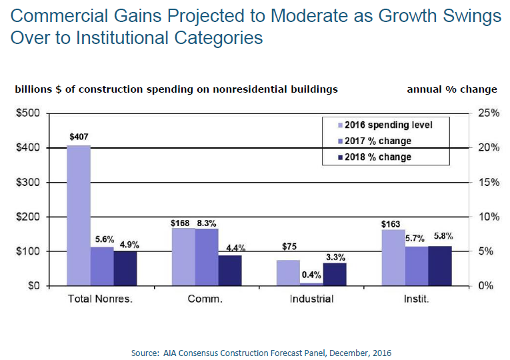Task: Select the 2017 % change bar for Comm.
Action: [x=207, y=257]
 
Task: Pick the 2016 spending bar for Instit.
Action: [x=393, y=257]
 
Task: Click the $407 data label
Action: [x=79, y=137]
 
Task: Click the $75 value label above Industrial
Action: [x=289, y=253]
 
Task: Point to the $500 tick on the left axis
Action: [x=28, y=113]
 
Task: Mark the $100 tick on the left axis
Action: [x=28, y=251]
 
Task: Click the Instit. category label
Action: [x=417, y=299]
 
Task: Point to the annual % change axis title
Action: [x=451, y=89]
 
